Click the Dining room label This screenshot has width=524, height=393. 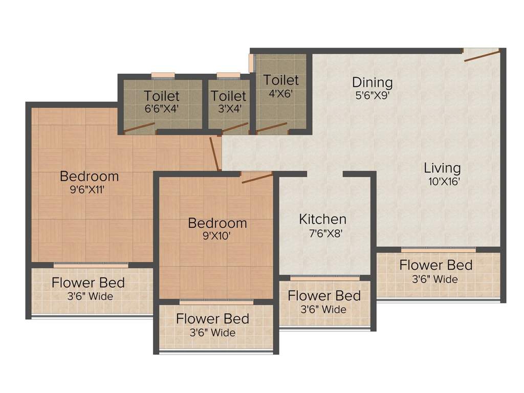[373, 82]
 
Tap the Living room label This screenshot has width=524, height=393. [442, 168]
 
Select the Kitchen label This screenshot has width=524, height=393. [322, 219]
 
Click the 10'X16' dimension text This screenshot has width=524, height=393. [444, 182]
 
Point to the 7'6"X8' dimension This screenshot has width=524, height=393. [325, 233]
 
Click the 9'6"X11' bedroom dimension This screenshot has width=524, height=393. [87, 190]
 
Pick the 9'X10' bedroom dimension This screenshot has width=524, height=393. [216, 236]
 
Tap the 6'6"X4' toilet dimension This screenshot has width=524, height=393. [162, 108]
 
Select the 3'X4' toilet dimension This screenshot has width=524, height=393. [230, 108]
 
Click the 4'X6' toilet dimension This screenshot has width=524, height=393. [281, 93]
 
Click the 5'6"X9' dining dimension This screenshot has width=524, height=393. [373, 96]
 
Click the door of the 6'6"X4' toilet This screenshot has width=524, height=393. [139, 128]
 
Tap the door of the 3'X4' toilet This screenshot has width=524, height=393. [235, 127]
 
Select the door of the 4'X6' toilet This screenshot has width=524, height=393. [272, 128]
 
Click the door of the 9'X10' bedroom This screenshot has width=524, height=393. [257, 178]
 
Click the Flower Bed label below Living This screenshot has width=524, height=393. [436, 265]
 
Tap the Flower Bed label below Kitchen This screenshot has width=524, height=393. [324, 296]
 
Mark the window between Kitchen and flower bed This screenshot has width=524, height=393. [325, 278]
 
